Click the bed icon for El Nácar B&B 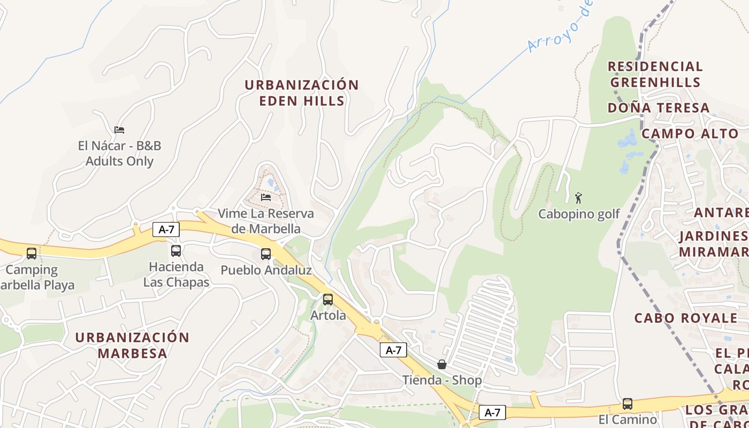click(119, 130)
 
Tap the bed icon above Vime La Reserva click(266, 197)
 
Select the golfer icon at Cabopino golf click(578, 198)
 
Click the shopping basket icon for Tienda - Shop click(442, 364)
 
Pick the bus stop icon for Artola click(328, 300)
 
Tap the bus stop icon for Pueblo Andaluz click(266, 254)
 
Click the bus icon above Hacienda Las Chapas click(176, 251)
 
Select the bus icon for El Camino click(628, 404)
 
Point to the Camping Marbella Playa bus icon click(32, 254)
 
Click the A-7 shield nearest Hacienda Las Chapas click(166, 230)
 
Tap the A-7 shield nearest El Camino click(492, 412)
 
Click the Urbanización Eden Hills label click(302, 93)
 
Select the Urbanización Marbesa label click(132, 345)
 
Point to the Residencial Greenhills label click(655, 74)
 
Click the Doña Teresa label click(659, 108)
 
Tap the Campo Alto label click(690, 134)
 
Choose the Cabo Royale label click(686, 318)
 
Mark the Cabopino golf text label click(579, 214)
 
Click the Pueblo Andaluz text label click(266, 270)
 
